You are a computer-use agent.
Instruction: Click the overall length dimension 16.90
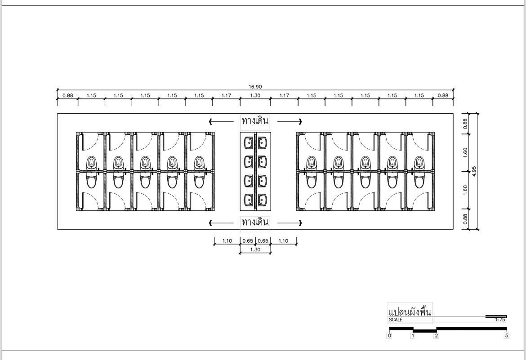pos(255,87)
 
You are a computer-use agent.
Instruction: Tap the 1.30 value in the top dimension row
pos(255,95)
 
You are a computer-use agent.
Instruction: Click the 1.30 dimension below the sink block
pos(255,249)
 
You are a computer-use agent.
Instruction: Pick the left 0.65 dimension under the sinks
pos(248,240)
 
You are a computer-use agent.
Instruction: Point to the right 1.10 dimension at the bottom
pos(283,240)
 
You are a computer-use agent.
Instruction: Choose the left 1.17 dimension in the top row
pos(226,95)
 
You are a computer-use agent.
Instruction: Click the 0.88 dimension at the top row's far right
pos(443,95)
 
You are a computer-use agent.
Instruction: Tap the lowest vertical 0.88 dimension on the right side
pos(465,219)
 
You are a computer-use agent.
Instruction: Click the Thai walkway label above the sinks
pos(255,121)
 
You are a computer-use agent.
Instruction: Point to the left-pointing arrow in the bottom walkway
pos(221,223)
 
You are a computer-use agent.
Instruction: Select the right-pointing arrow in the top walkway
pos(290,121)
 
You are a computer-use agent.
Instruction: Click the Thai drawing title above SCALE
pos(410,311)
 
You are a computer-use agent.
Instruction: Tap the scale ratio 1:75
pos(500,320)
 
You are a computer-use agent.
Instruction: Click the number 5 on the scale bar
pos(507,335)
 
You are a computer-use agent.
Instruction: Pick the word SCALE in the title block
pos(396,320)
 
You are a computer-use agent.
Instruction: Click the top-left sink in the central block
pos(249,142)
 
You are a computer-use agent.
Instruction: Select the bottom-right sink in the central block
pos(263,200)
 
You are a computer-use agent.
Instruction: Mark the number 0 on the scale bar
pos(389,335)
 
